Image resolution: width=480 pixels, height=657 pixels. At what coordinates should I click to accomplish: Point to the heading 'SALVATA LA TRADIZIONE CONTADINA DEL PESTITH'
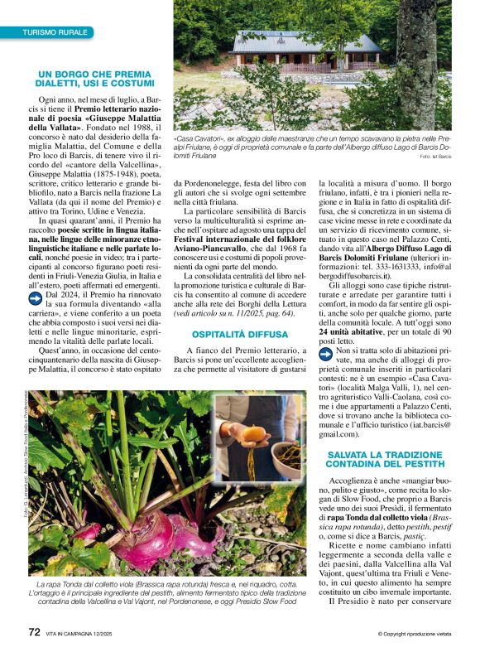point(386,460)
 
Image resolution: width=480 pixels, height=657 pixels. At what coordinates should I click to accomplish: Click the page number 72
point(34,632)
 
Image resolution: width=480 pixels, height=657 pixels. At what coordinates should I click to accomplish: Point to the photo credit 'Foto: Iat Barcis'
point(435,156)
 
